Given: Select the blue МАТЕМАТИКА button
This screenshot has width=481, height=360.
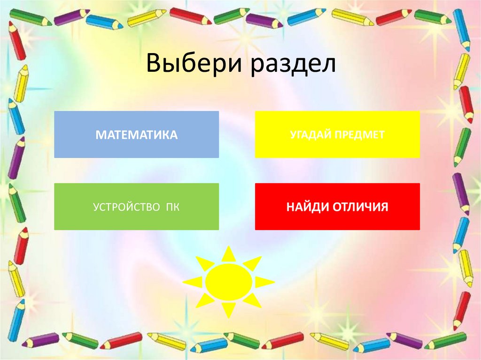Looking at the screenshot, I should [x=136, y=134].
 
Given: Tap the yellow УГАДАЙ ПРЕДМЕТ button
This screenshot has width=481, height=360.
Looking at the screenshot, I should [x=337, y=134].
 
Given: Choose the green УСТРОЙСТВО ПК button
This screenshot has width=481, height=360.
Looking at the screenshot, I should [x=136, y=207].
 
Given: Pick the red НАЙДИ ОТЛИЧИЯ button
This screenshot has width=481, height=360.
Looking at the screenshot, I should [x=337, y=207].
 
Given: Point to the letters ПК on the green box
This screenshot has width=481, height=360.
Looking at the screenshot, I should [x=173, y=207].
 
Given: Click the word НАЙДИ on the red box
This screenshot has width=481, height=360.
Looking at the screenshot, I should [x=308, y=207].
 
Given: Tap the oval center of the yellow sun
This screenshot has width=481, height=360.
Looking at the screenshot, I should [x=229, y=282].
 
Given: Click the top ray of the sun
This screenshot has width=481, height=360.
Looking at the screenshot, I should [x=229, y=254].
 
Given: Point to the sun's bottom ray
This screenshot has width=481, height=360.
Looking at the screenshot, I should [x=229, y=310].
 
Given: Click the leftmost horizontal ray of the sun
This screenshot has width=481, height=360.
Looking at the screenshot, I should [x=192, y=282].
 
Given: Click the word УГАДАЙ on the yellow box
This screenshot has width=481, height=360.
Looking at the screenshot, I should [x=310, y=135].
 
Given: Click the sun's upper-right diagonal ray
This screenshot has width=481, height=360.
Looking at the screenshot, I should [x=253, y=263].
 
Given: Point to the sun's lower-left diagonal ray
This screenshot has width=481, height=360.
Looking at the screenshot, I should [x=204, y=300].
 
